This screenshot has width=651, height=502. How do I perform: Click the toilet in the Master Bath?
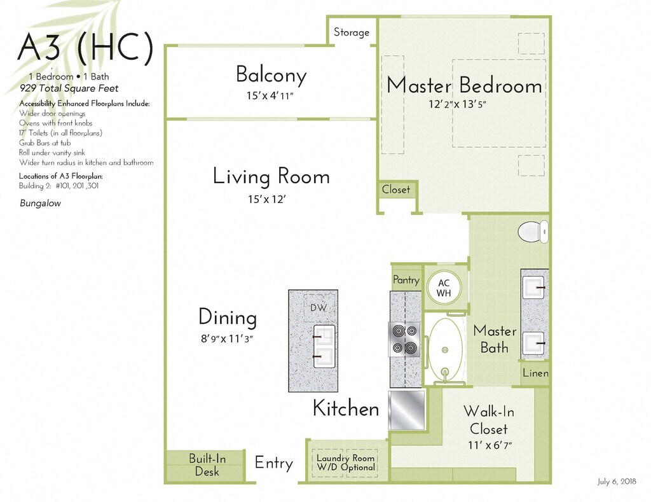click(533, 232)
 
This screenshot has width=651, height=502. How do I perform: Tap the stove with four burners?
click(404, 340)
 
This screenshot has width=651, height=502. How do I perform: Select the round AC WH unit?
click(443, 288)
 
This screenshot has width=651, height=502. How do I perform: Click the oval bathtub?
click(445, 350)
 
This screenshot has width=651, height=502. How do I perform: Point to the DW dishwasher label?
click(319, 307)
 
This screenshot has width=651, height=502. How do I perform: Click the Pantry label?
click(406, 280)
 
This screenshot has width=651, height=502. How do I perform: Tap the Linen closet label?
click(535, 373)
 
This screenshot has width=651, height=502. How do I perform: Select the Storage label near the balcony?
click(351, 32)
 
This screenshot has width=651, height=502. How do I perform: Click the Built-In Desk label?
click(207, 464)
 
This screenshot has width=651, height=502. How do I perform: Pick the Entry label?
click(273, 463)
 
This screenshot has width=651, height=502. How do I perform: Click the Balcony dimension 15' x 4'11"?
click(270, 95)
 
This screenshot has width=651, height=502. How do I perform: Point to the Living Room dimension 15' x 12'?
click(266, 200)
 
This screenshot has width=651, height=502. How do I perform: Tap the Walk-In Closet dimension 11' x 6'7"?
click(490, 445)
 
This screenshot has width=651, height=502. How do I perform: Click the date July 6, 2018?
click(617, 481)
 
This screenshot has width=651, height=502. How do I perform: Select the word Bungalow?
click(40, 203)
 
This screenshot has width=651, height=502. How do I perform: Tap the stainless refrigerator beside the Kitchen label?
click(406, 410)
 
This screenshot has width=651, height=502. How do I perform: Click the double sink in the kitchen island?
click(324, 346)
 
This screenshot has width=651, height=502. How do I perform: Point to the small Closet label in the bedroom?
click(395, 190)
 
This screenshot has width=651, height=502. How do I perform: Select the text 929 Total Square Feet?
click(69, 88)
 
